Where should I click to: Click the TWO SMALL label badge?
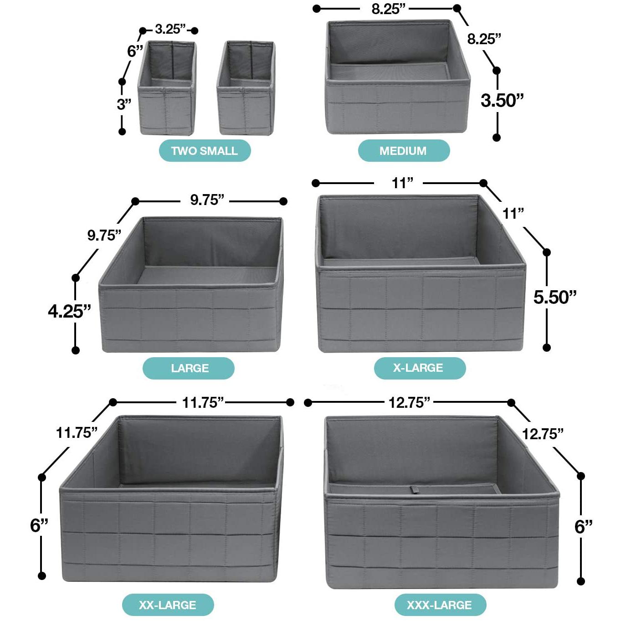(x=205, y=150)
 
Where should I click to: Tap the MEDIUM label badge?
(x=404, y=150)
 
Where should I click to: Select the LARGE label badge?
(x=189, y=368)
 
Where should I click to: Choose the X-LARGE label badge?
(x=420, y=368)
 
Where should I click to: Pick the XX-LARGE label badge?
(x=168, y=605)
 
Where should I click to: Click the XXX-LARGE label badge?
(x=440, y=605)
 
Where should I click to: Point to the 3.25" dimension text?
(x=170, y=29)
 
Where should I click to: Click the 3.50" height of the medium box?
(x=502, y=100)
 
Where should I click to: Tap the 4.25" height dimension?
(x=69, y=311)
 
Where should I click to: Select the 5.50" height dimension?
(x=555, y=297)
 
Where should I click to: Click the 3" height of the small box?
(x=124, y=104)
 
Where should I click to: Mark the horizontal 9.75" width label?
(x=207, y=200)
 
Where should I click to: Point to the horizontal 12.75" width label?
(x=409, y=402)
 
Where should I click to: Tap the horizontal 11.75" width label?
(x=203, y=402)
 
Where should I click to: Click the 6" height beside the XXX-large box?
(x=583, y=527)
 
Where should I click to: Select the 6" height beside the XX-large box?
(x=39, y=525)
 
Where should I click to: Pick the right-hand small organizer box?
(x=246, y=87)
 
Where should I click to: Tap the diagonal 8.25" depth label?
(x=484, y=39)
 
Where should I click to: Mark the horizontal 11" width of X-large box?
(x=402, y=183)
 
